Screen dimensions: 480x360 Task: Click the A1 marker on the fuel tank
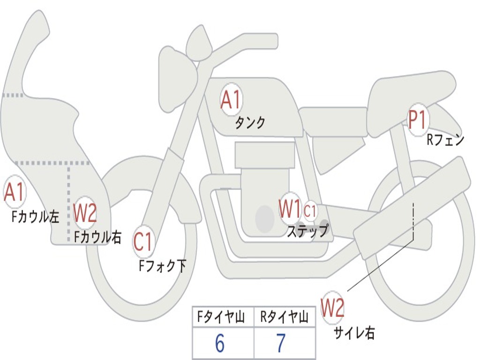231,101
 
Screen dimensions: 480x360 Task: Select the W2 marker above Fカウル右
85,213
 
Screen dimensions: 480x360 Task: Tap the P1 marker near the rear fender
417,120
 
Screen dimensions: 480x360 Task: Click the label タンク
250,123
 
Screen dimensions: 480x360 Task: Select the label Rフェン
445,140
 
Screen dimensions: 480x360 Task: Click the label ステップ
307,231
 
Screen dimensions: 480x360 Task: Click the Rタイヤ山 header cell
284,318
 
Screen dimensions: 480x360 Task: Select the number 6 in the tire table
220,344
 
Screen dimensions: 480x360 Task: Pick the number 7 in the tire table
281,344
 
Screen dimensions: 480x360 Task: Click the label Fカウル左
36,217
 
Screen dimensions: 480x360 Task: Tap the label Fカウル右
97,237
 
